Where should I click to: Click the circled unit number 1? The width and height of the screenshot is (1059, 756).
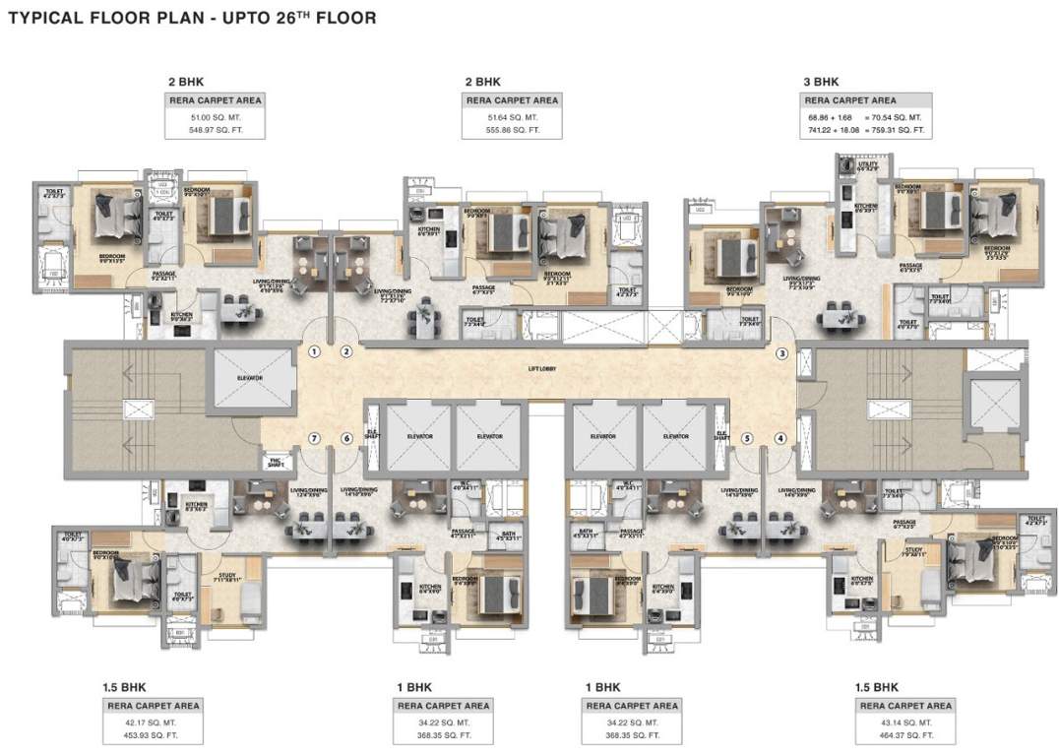[314, 351]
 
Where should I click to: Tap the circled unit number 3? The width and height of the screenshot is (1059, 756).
[782, 352]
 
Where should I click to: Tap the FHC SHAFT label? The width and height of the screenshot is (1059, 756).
[274, 460]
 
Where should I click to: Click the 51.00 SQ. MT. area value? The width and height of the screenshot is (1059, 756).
[215, 117]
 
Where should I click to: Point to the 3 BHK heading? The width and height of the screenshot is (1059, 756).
[821, 82]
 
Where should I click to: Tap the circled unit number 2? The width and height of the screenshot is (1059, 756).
[346, 351]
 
